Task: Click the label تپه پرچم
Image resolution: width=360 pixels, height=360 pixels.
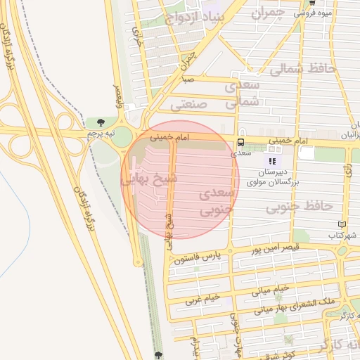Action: [x=100, y=132]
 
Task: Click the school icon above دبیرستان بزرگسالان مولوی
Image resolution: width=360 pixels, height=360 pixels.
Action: [x=273, y=162]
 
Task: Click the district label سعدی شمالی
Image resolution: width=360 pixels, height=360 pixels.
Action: [x=243, y=93]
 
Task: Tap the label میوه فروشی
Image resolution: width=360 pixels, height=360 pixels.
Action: [x=314, y=12]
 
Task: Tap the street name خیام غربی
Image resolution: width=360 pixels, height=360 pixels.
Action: [x=203, y=297]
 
